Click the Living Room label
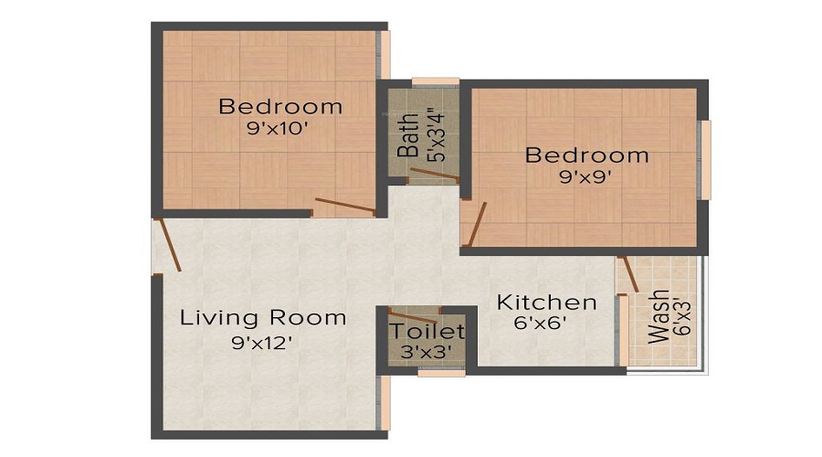263,318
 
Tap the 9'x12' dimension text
261,343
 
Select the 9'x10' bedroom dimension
277,129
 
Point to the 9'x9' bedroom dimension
585,177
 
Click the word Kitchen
547,303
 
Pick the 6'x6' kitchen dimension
541,323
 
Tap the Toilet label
427,332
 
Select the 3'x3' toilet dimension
426,352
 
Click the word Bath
408,135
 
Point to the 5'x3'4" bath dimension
436,135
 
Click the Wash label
659,316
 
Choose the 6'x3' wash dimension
683,316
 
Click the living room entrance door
170,245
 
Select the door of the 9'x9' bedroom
477,224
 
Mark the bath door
434,175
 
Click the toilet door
412,316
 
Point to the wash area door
628,274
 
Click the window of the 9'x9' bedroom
707,160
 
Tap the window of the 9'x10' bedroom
385,55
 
